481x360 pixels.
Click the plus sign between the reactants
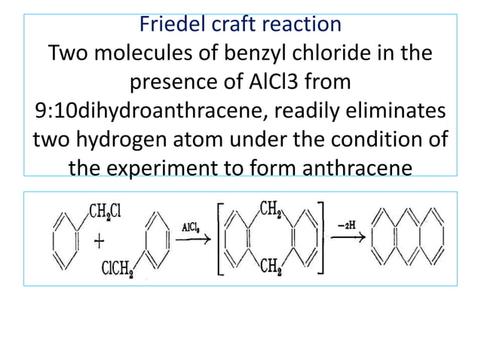point(99,240)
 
